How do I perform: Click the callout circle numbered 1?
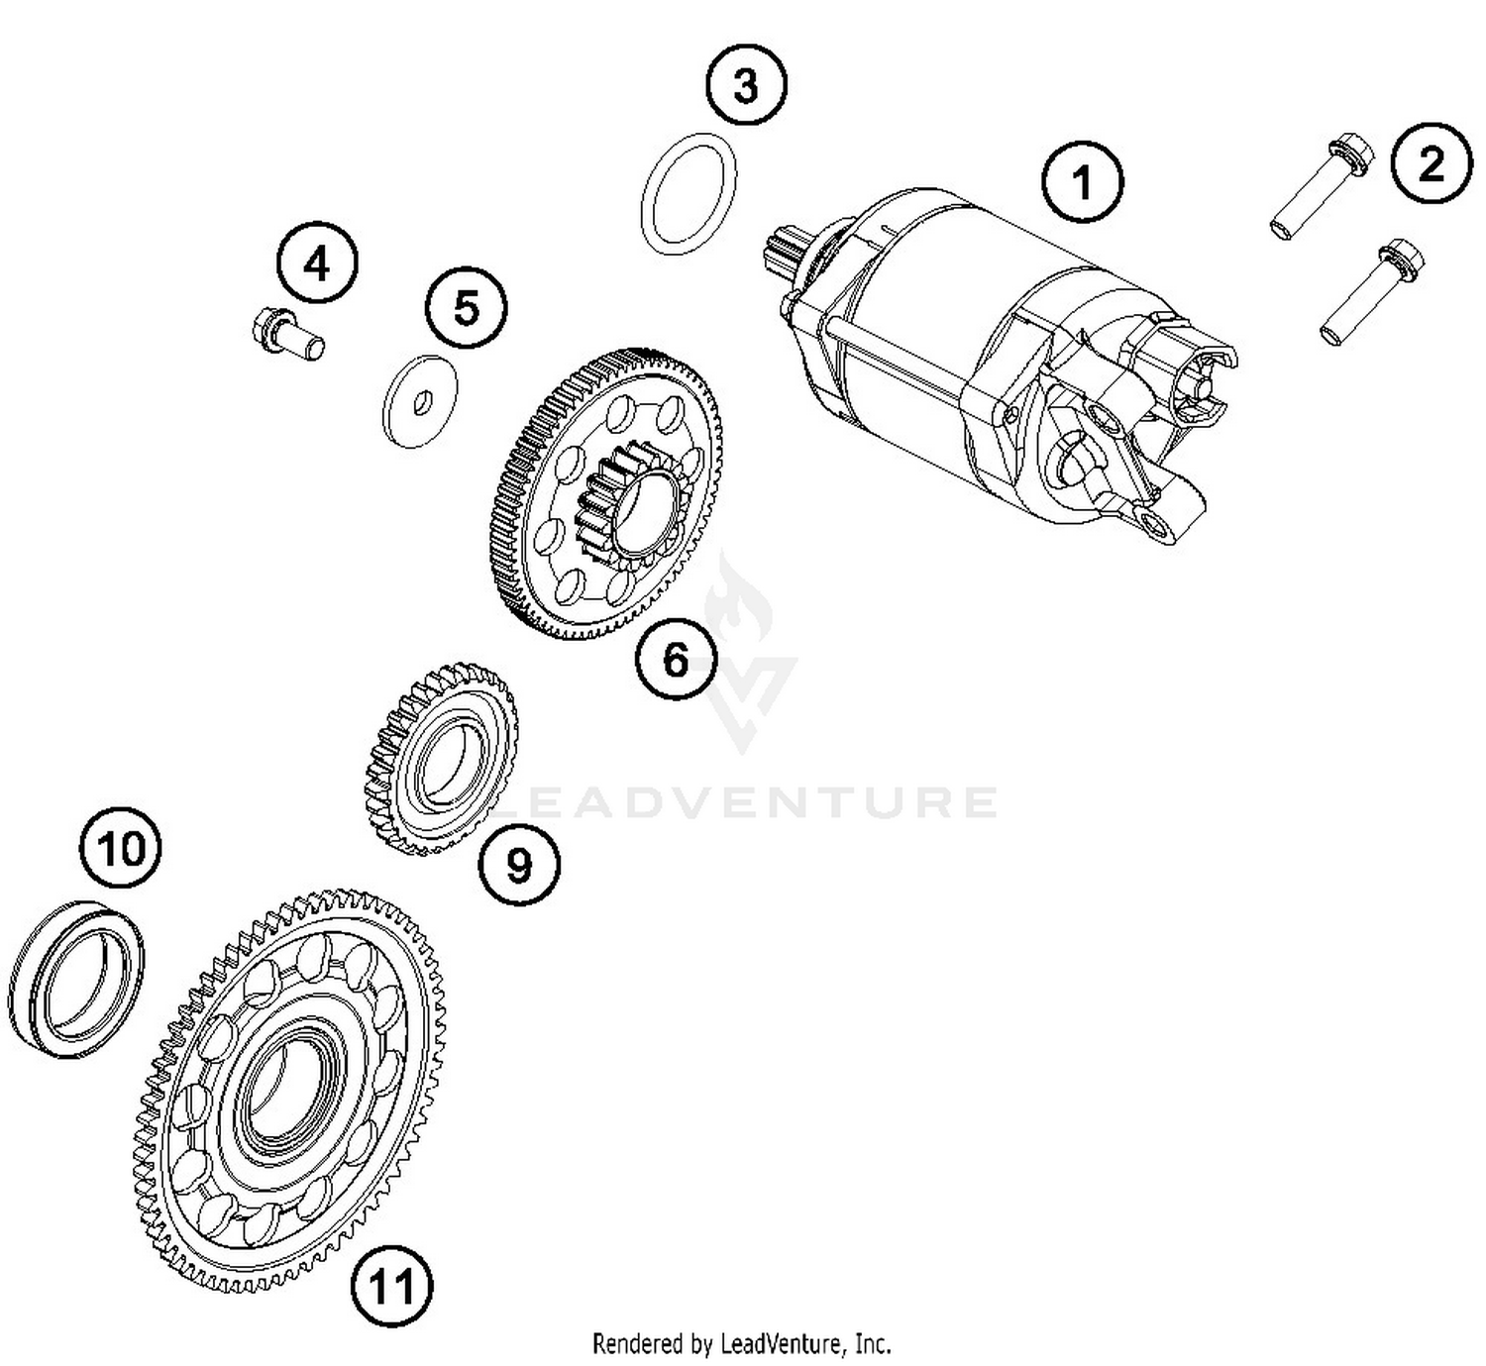(1082, 182)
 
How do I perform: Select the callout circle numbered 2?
(1432, 163)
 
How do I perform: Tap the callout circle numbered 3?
(745, 86)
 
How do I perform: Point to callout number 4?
(317, 264)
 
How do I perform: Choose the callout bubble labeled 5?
(466, 307)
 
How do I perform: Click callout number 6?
(675, 659)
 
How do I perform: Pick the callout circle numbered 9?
(518, 865)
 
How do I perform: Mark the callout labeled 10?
(121, 848)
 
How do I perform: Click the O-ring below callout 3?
(690, 194)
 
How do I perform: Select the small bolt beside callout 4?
(287, 333)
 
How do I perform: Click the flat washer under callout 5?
(420, 400)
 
